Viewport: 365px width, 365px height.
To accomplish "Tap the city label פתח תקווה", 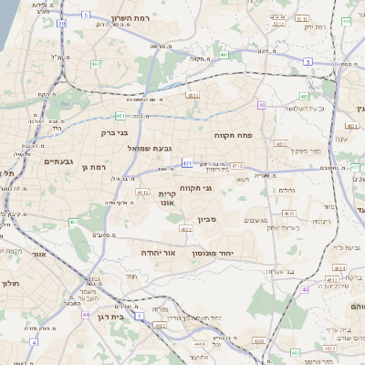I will pyautogui.click(x=233, y=135).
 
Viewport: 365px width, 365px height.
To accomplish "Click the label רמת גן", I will pyautogui.click(x=93, y=167).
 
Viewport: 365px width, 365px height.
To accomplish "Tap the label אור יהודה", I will pyautogui.click(x=163, y=252).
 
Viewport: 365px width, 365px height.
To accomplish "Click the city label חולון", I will pyautogui.click(x=11, y=284).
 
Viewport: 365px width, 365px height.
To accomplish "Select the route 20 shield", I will pyautogui.click(x=62, y=23).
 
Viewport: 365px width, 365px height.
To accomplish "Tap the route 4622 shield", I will pyautogui.click(x=185, y=229).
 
